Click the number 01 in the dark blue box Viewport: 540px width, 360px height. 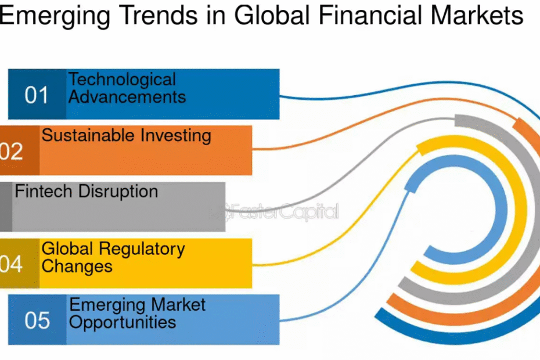tap(36, 95)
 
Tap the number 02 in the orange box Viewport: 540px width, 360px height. tap(11, 151)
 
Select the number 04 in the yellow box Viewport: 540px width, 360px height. tap(11, 264)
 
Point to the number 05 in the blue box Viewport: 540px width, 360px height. tap(37, 320)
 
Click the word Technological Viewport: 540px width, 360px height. tap(123, 80)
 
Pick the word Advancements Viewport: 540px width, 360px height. tap(127, 97)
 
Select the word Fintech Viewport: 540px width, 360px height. tap(44, 191)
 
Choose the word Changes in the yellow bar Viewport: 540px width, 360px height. tap(77, 267)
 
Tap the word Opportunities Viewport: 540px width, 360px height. tap(123, 323)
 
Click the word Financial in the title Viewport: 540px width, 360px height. tap(370, 15)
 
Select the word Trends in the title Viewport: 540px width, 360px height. tap(160, 15)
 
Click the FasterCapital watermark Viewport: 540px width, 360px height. tap(282, 211)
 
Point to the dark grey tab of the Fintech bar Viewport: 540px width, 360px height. tap(6, 207)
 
